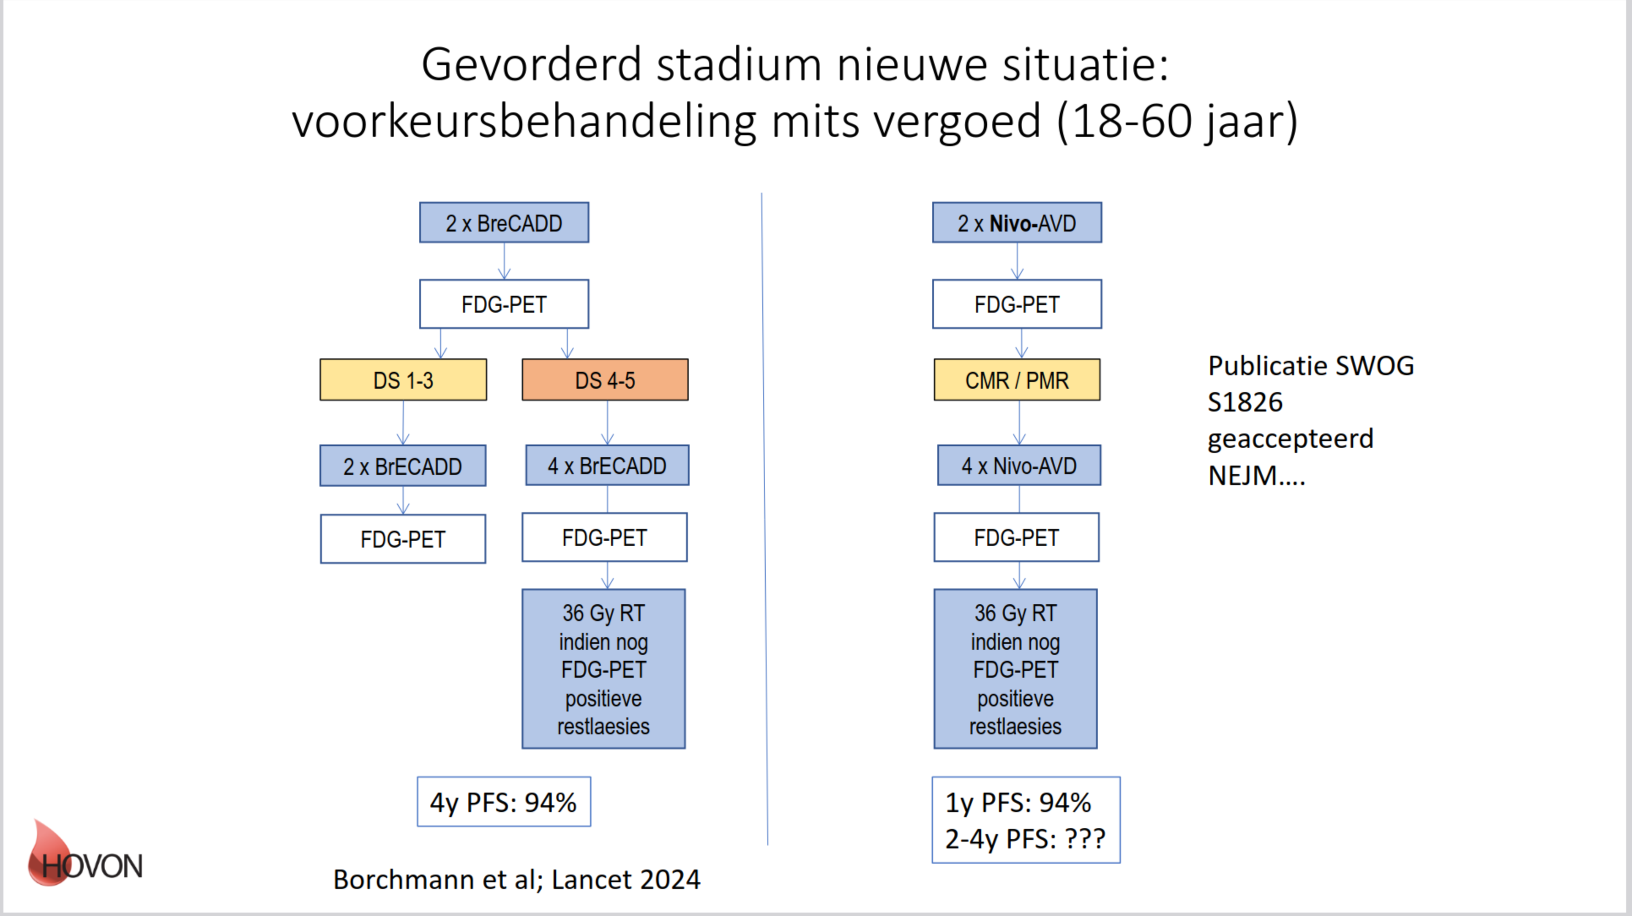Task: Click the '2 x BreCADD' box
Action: pyautogui.click(x=504, y=222)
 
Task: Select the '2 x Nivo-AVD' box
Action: pyautogui.click(x=1017, y=222)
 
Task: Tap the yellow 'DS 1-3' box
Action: pyautogui.click(x=403, y=379)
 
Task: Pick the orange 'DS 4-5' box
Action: pyautogui.click(x=605, y=379)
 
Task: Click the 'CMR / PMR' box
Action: pyautogui.click(x=1017, y=379)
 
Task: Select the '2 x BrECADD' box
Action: pyautogui.click(x=403, y=466)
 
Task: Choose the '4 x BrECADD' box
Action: pyautogui.click(x=607, y=465)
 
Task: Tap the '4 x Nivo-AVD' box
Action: pyautogui.click(x=1019, y=465)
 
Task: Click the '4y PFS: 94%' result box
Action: pyautogui.click(x=504, y=801)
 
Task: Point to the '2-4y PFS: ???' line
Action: pyautogui.click(x=1025, y=839)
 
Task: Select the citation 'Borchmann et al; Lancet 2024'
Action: pyautogui.click(x=516, y=879)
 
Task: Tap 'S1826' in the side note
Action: pyautogui.click(x=1245, y=402)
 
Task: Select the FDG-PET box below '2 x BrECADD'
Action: pyautogui.click(x=403, y=538)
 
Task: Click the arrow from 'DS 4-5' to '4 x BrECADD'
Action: pyautogui.click(x=607, y=423)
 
